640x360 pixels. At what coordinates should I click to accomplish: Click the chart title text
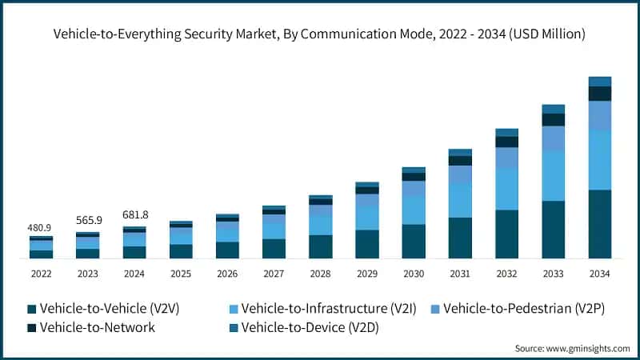point(320,34)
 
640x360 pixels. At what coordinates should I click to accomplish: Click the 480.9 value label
point(41,228)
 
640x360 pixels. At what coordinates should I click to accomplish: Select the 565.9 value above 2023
point(87,222)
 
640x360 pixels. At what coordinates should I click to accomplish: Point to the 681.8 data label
point(134,215)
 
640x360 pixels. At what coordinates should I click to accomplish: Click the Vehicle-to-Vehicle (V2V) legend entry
point(104,308)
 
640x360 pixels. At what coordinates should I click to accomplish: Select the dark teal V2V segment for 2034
point(600,224)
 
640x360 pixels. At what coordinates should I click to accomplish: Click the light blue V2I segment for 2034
point(600,160)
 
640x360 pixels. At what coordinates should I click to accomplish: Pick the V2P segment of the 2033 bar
point(553,138)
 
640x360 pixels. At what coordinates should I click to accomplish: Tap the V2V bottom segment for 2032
point(506,234)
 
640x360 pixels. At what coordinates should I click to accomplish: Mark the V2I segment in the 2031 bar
point(460,200)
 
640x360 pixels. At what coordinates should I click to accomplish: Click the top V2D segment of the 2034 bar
point(600,81)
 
